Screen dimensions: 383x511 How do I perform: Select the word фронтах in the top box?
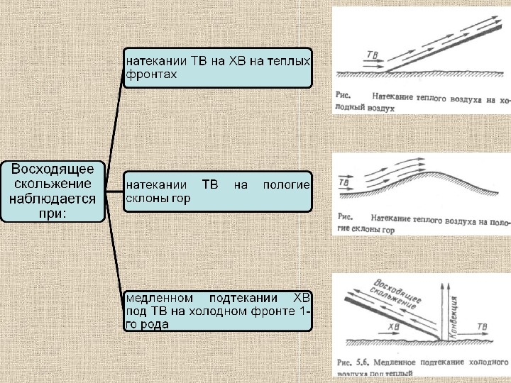150,74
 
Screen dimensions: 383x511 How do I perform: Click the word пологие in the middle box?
287,185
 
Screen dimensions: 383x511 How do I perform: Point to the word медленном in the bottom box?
158,297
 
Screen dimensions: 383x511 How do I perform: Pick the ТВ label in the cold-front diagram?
482,327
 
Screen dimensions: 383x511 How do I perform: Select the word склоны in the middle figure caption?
364,231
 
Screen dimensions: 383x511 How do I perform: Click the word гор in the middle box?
181,199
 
